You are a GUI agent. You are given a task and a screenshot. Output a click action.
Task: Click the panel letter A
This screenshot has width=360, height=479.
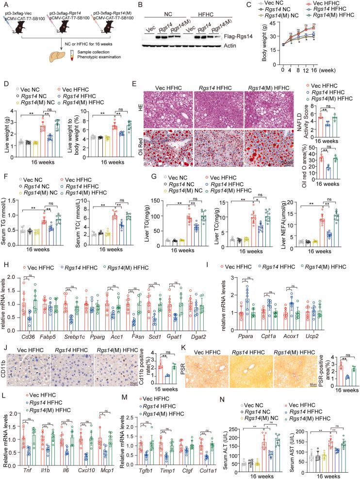point(4,4)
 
